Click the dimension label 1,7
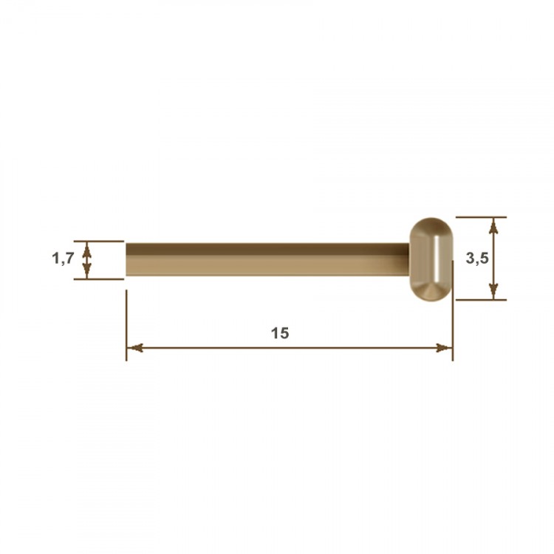click(x=63, y=259)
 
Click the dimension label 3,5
click(x=477, y=259)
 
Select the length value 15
click(x=280, y=333)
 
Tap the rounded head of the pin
click(x=431, y=259)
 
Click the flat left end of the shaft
click(x=127, y=259)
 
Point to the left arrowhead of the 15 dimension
click(x=134, y=348)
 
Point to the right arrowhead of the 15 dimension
click(x=445, y=348)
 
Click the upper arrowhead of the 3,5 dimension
click(x=493, y=225)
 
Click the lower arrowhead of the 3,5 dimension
click(x=493, y=292)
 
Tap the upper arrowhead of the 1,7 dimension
click(x=87, y=249)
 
